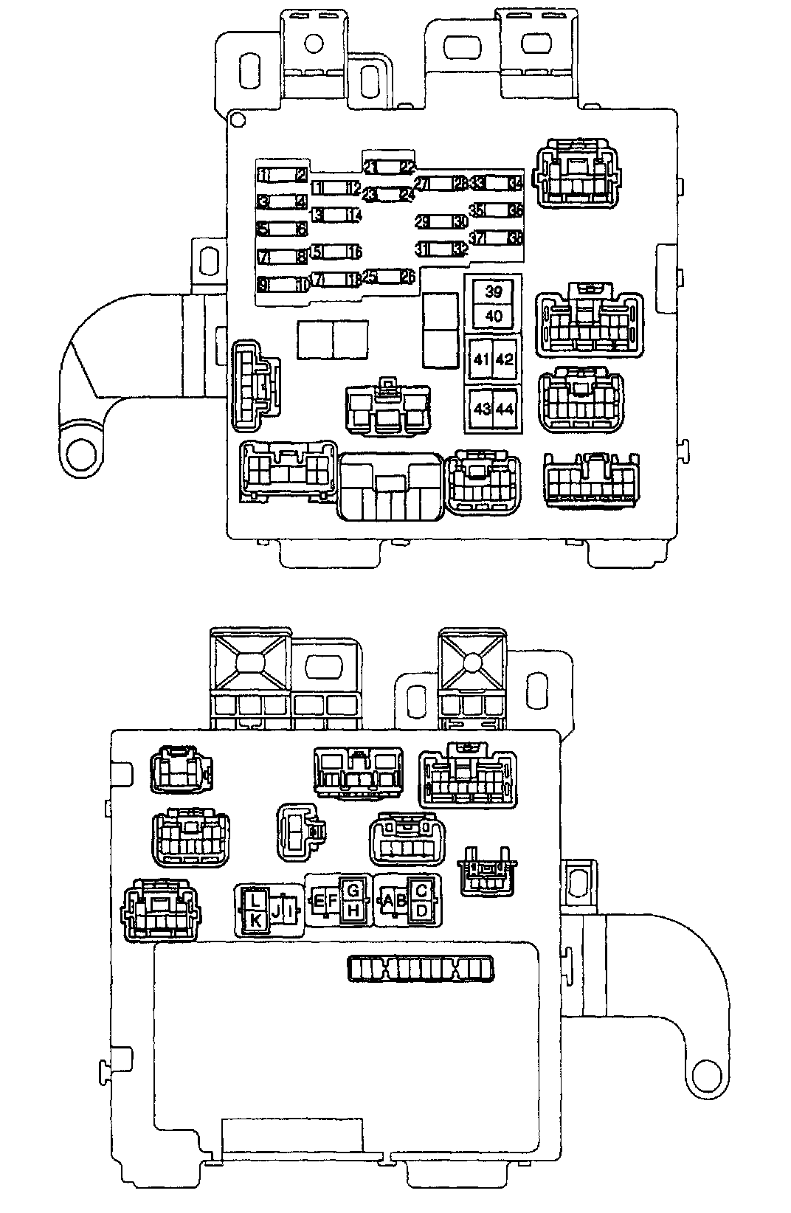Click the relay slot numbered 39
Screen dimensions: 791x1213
[x=494, y=291]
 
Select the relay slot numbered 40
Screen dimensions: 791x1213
[x=494, y=316]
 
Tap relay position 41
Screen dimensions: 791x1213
[x=481, y=360]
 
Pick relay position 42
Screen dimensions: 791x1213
[x=505, y=360]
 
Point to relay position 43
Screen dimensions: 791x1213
[x=481, y=409]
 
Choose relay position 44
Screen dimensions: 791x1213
[x=505, y=409]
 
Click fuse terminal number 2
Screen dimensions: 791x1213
[x=301, y=175]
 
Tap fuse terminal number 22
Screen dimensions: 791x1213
[x=407, y=167]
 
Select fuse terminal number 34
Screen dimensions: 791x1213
[x=515, y=182]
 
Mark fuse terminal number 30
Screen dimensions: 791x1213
[x=460, y=221]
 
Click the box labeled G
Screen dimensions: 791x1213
[x=353, y=888]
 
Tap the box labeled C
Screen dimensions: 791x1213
[x=421, y=891]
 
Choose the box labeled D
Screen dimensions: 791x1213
[x=421, y=911]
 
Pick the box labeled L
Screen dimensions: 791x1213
[x=255, y=900]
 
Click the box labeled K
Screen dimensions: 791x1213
[x=255, y=920]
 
